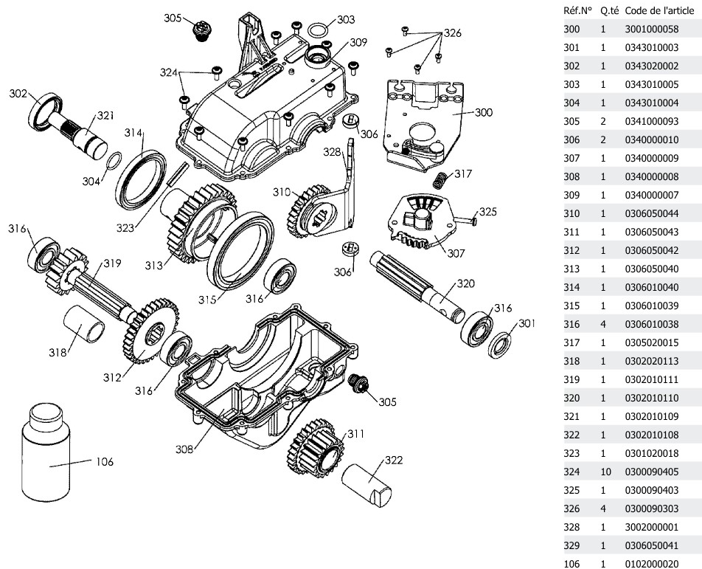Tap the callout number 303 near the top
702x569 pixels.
(x=345, y=19)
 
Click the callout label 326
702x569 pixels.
(x=451, y=34)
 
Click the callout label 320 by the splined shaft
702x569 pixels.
(x=465, y=283)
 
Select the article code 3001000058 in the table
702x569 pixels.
(x=651, y=30)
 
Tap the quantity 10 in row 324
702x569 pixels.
(x=602, y=472)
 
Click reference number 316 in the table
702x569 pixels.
(x=571, y=325)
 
